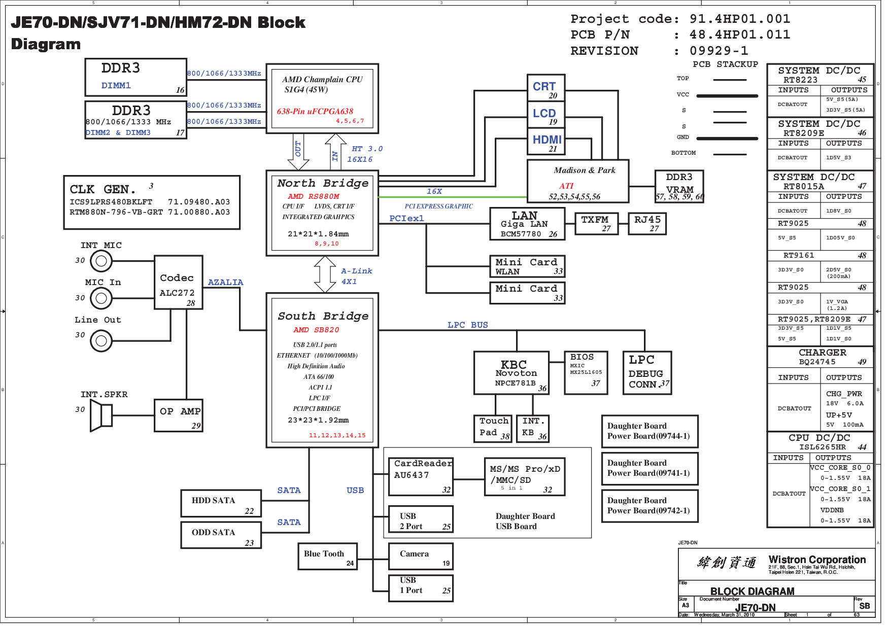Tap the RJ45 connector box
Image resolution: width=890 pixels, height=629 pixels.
pyautogui.click(x=647, y=223)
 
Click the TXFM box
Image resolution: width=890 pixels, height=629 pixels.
pyautogui.click(x=596, y=223)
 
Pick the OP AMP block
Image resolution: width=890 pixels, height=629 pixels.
pyautogui.click(x=178, y=415)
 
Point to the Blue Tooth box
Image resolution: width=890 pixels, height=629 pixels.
pyautogui.click(x=327, y=556)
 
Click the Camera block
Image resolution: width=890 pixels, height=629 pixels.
pyautogui.click(x=420, y=556)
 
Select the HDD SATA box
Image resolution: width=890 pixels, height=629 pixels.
pyautogui.click(x=221, y=503)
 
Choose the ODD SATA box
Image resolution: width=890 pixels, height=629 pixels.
pyautogui.click(x=221, y=535)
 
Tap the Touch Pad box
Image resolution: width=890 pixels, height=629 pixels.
pyautogui.click(x=492, y=428)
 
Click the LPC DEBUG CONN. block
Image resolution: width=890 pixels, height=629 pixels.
pyautogui.click(x=647, y=373)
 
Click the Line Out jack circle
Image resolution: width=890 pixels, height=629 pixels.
pyautogui.click(x=101, y=341)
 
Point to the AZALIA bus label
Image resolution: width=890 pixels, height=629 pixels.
pyautogui.click(x=225, y=283)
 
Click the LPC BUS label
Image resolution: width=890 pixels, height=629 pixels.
pyautogui.click(x=467, y=325)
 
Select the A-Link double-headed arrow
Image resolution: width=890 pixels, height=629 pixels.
pyautogui.click(x=325, y=274)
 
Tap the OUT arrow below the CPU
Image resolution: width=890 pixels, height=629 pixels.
pyautogui.click(x=298, y=152)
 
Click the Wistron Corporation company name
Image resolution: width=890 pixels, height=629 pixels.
pyautogui.click(x=817, y=560)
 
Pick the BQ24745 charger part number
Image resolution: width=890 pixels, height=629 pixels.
pyautogui.click(x=817, y=362)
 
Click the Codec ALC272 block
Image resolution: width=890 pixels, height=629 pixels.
pyautogui.click(x=178, y=283)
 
